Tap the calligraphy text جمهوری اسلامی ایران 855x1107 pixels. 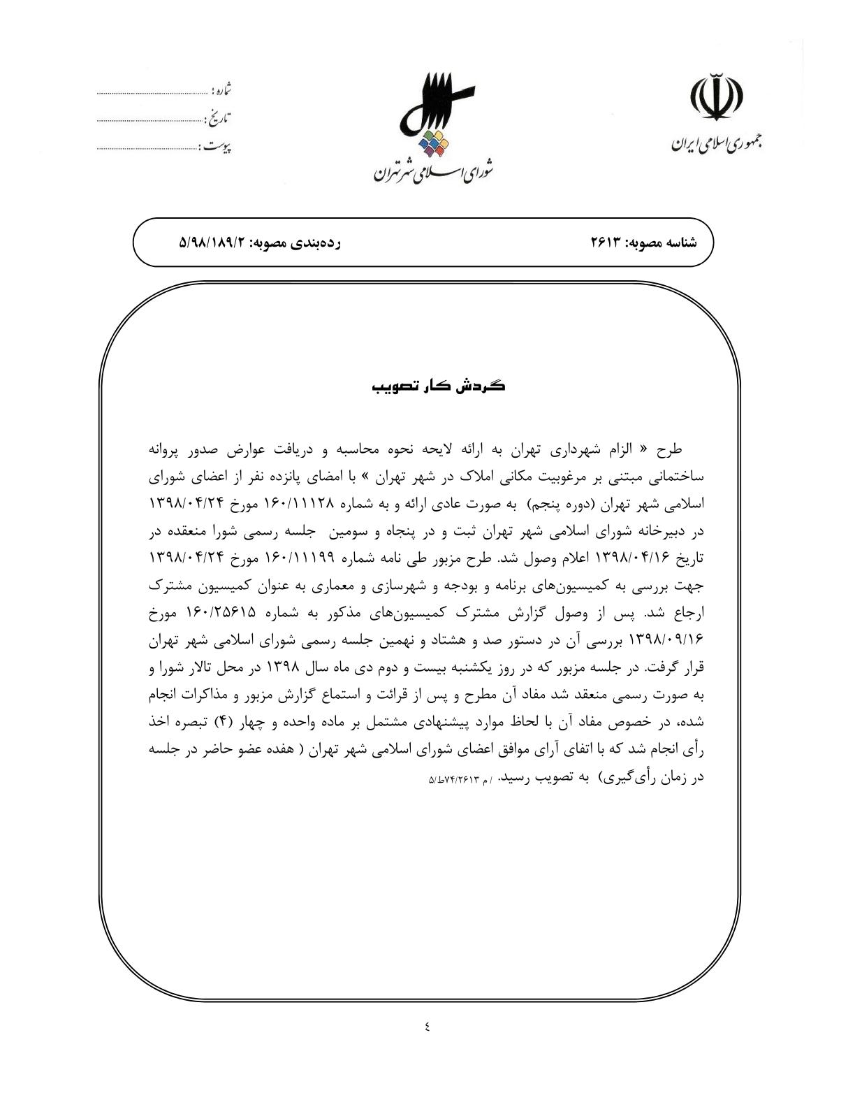point(717,143)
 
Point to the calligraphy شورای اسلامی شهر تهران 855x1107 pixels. point(433,170)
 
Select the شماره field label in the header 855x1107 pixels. point(221,91)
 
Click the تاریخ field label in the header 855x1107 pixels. point(219,119)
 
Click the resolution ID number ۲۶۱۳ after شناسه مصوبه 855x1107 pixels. point(606,242)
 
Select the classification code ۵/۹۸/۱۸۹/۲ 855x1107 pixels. point(214,242)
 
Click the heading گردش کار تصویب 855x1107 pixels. point(439,386)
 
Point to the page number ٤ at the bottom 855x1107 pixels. point(427,1027)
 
